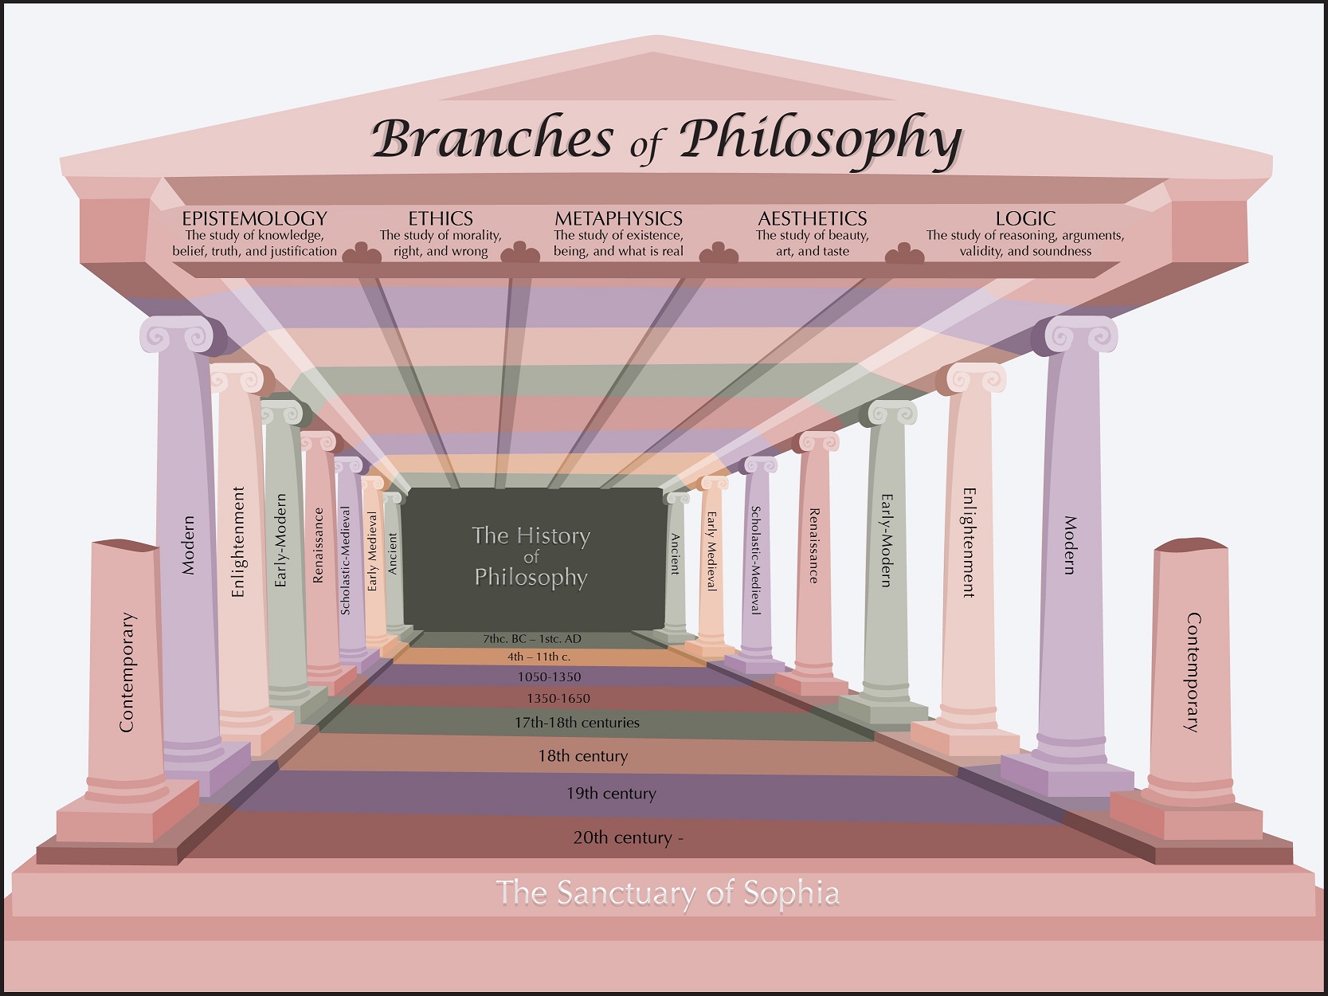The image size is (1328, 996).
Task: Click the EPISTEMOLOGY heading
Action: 254,218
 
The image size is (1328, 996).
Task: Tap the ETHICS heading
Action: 441,218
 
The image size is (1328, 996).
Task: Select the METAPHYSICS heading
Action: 618,218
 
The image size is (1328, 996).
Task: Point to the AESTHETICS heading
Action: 812,218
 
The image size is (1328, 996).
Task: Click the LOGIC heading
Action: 1025,218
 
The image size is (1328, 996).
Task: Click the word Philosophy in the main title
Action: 821,139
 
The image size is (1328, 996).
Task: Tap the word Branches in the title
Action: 492,139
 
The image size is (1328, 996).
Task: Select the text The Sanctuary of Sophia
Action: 668,893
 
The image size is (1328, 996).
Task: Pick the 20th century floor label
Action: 628,837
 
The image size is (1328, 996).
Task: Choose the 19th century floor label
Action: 611,794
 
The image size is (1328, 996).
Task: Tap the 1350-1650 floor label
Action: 558,699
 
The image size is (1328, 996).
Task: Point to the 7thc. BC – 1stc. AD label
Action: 532,639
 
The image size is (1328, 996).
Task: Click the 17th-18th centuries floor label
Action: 577,723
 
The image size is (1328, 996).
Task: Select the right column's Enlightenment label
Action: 969,543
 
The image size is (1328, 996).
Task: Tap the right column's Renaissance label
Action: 813,546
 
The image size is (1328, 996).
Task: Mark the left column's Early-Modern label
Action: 280,540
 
